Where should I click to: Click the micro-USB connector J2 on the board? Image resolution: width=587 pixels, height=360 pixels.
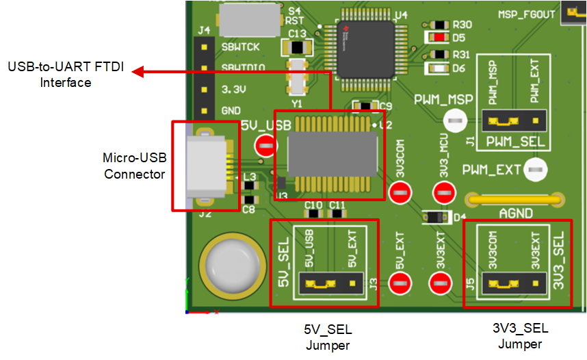click(x=205, y=166)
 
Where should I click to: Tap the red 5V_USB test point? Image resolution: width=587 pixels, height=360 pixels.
click(x=264, y=145)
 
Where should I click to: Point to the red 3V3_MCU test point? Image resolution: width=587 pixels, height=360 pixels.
click(x=443, y=192)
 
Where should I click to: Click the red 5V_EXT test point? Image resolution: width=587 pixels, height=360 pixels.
click(x=399, y=282)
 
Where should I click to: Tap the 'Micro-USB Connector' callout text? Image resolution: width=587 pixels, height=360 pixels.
click(x=134, y=166)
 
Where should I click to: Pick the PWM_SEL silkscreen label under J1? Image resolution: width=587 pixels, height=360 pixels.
click(x=513, y=142)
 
